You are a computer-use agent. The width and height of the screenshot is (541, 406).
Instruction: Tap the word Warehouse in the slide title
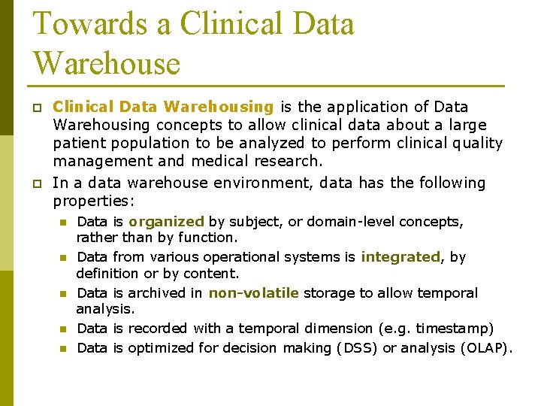[x=107, y=63]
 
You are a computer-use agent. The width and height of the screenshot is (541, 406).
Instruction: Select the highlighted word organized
[x=166, y=222]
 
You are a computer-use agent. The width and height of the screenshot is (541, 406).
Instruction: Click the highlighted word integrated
[x=400, y=257]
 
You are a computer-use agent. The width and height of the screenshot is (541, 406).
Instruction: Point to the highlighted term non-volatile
[x=253, y=293]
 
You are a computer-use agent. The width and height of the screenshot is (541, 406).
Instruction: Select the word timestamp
[x=458, y=329]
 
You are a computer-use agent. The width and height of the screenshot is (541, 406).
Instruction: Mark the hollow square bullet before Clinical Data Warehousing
[x=37, y=108]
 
